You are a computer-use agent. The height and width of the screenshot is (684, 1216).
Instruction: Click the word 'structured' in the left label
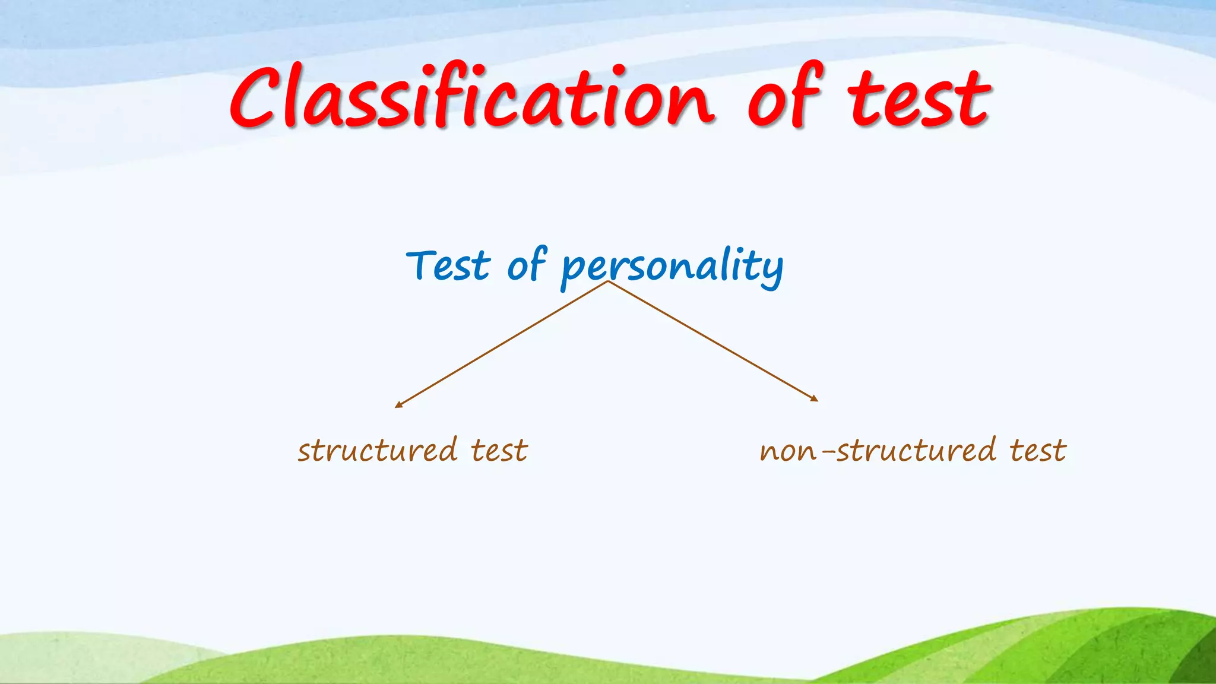(378, 450)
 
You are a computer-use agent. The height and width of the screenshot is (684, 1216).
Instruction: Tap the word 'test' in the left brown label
(499, 451)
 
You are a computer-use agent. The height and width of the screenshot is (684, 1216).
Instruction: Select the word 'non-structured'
(878, 450)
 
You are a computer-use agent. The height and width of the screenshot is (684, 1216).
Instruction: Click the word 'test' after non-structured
(1038, 451)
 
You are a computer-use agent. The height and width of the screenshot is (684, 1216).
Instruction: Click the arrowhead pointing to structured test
(398, 405)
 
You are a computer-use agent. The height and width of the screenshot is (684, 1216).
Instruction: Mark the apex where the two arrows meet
(607, 281)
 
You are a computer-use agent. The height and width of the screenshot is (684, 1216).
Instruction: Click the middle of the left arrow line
(502, 344)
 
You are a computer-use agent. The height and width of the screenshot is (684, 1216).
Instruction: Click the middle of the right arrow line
(712, 341)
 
